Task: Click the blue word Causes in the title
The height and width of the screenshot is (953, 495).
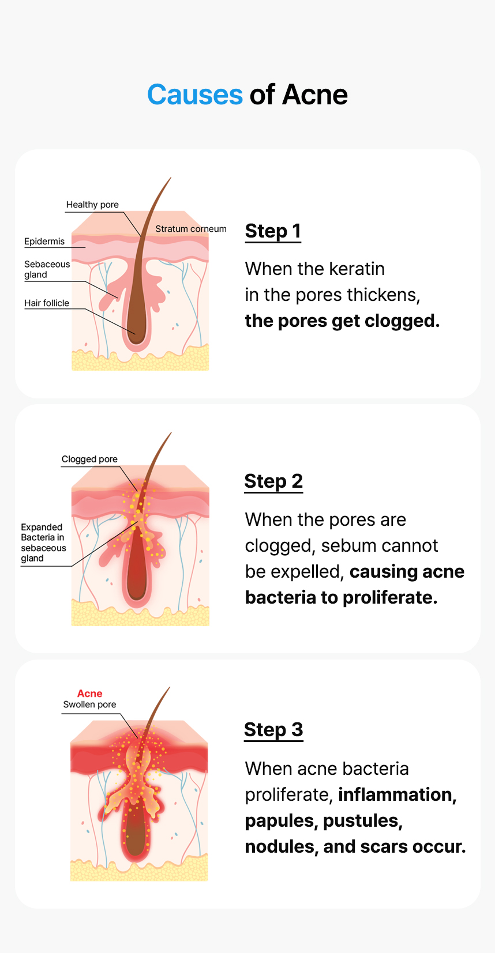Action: click(194, 95)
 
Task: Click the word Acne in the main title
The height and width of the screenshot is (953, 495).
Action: click(314, 95)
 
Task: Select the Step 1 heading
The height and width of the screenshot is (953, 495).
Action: click(273, 231)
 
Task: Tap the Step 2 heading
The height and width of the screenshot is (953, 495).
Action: click(273, 481)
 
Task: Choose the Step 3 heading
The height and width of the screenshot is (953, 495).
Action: click(273, 730)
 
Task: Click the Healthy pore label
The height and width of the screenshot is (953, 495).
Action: click(92, 205)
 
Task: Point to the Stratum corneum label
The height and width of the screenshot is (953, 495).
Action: click(190, 229)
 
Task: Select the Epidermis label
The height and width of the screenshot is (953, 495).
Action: click(44, 242)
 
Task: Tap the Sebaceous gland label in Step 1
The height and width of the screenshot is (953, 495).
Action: click(47, 269)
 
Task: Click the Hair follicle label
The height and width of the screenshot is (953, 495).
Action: click(47, 303)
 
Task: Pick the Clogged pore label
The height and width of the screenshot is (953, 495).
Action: click(89, 459)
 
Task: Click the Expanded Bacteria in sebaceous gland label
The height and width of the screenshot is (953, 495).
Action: click(43, 543)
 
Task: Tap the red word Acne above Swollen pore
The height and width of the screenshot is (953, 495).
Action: click(89, 694)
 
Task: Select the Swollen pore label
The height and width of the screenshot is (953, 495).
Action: click(89, 705)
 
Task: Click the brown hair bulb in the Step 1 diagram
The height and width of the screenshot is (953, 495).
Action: click(137, 329)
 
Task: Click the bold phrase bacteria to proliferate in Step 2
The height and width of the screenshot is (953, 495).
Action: click(340, 597)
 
